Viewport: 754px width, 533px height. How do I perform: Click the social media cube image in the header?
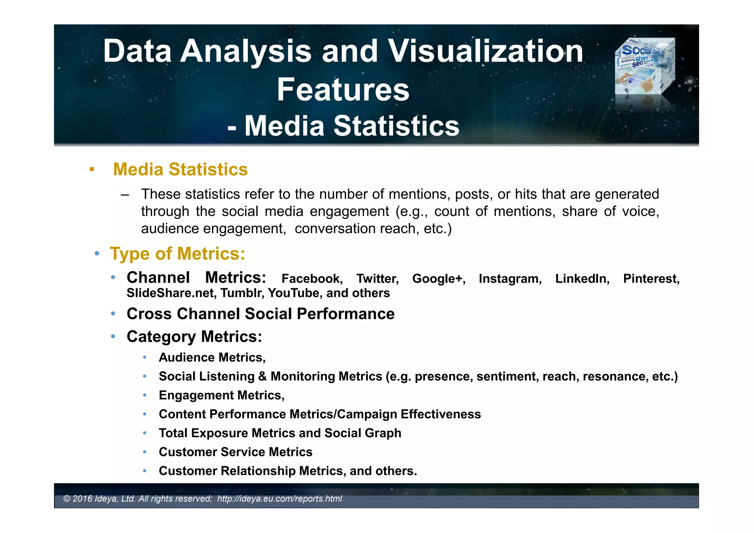point(645,66)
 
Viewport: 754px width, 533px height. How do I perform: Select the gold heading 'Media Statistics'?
point(180,169)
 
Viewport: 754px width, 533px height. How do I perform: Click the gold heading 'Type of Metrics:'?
point(177,254)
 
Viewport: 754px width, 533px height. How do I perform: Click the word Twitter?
point(377,279)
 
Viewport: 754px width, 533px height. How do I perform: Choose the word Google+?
point(438,279)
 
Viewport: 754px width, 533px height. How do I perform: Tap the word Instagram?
point(510,279)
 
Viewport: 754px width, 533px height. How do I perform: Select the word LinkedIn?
point(582,279)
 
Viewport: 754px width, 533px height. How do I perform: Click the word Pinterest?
point(651,279)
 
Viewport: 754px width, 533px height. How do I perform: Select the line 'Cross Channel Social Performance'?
point(260,314)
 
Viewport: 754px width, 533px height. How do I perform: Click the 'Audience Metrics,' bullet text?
point(212,357)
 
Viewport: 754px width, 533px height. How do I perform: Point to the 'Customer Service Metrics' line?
point(235,452)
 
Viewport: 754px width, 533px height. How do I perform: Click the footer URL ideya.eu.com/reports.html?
point(279,499)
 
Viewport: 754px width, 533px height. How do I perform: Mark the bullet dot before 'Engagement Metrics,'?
point(145,395)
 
